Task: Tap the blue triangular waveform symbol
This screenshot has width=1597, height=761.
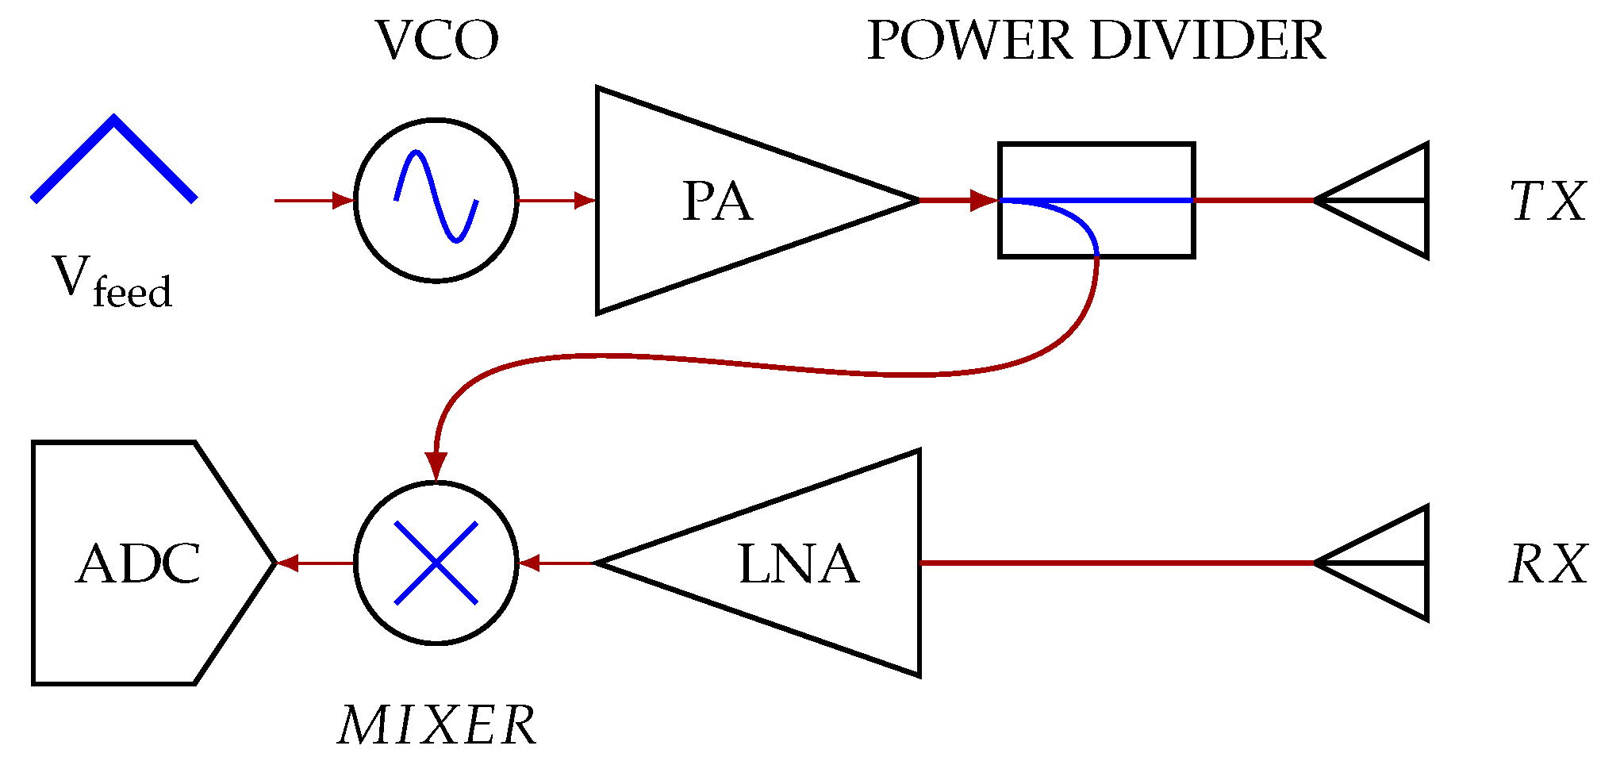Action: point(114,158)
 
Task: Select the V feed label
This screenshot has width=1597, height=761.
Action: point(112,282)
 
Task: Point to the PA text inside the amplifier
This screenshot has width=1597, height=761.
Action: point(716,202)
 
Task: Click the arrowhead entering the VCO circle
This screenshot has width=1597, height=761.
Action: point(344,201)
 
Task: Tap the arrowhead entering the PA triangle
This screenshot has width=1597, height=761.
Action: point(585,201)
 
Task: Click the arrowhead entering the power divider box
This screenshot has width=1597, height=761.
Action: point(985,200)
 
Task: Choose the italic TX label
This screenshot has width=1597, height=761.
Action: point(1546,202)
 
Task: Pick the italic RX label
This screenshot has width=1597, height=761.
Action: point(1546,564)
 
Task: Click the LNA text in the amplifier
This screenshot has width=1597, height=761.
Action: point(798,564)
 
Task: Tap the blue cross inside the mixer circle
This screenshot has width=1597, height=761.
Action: point(436,563)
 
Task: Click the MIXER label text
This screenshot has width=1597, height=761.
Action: point(436,725)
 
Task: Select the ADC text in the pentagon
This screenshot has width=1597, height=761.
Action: point(138,564)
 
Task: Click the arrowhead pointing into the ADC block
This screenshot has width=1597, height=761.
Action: point(287,563)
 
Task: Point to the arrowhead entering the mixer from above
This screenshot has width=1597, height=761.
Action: point(436,465)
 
